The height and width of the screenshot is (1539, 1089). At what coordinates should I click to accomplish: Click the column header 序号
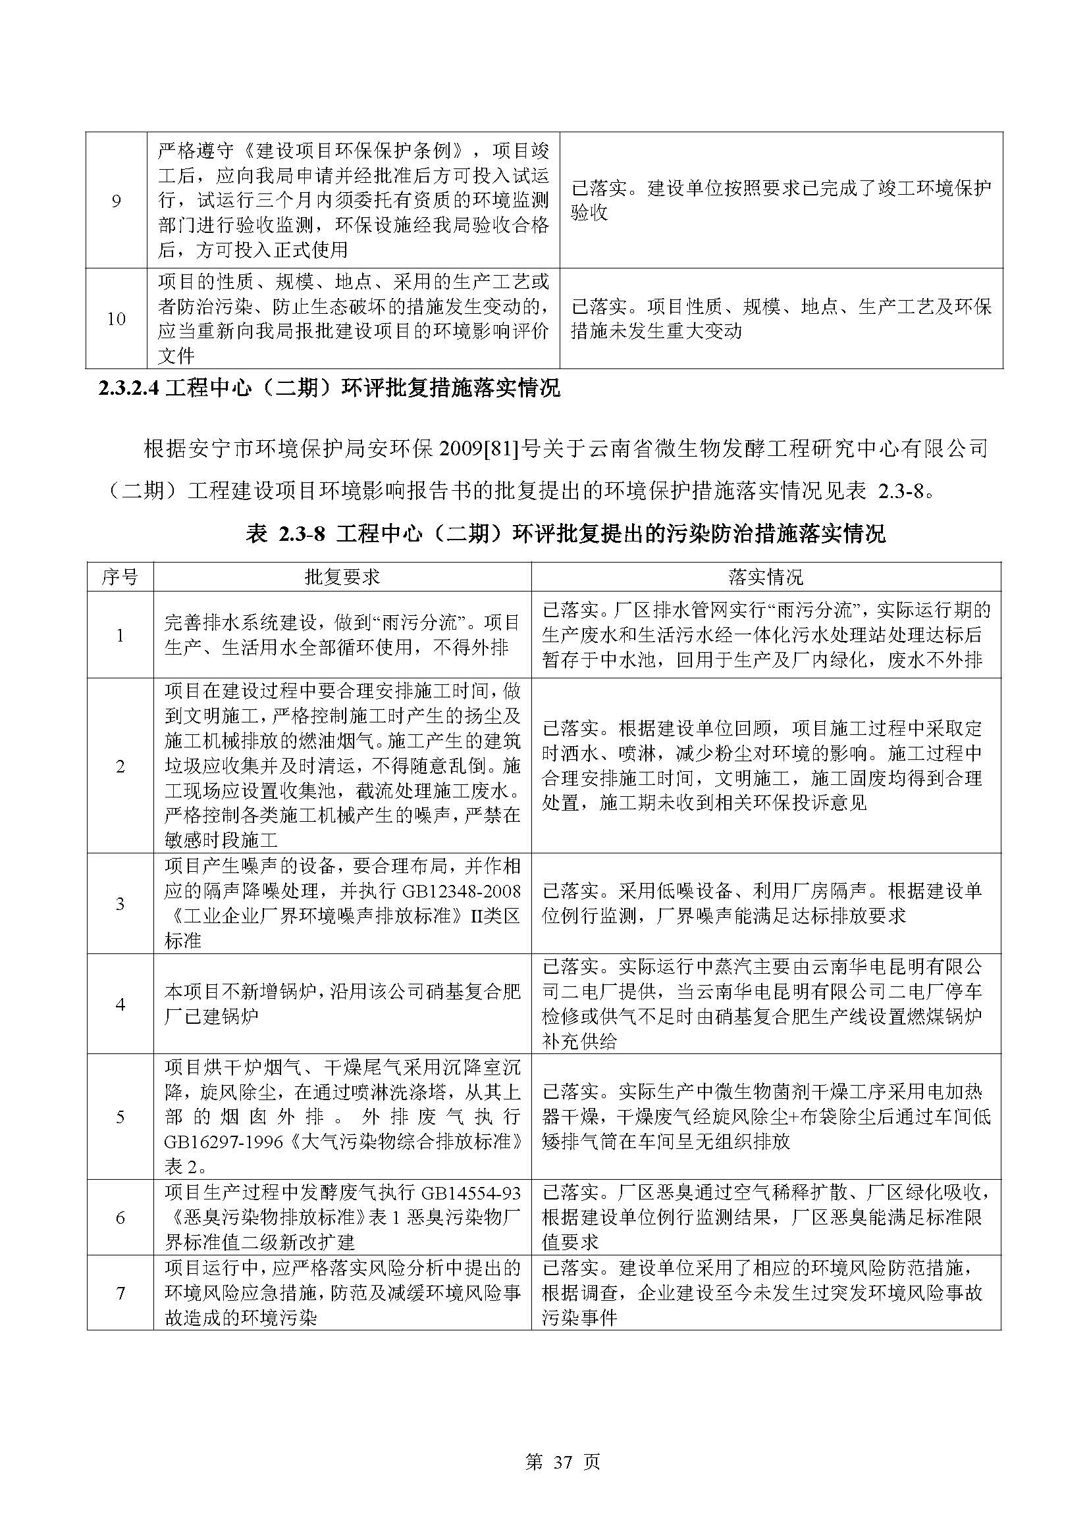tap(120, 576)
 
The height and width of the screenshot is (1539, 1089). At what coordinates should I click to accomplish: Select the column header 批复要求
tap(342, 576)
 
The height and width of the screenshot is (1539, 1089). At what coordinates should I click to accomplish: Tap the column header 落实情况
tap(766, 576)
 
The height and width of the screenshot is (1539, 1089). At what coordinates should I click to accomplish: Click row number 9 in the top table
tap(116, 201)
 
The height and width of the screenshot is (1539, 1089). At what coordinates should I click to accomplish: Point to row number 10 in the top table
tap(116, 319)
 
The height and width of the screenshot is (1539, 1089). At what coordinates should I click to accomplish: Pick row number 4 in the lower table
tap(120, 1004)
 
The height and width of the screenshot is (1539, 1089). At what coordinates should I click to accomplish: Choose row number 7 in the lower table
tap(120, 1293)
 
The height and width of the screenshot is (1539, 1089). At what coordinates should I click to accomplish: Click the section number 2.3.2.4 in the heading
tap(128, 389)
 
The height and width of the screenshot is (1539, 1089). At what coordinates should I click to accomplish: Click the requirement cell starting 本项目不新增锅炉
tap(342, 1004)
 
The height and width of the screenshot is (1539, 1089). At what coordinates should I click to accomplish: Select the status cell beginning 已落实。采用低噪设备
tap(766, 903)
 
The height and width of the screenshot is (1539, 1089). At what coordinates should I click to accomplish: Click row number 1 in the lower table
tap(120, 636)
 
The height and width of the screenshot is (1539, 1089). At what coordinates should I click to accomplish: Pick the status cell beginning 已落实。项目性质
tap(782, 319)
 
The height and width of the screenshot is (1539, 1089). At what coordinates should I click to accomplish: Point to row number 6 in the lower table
tap(120, 1217)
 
